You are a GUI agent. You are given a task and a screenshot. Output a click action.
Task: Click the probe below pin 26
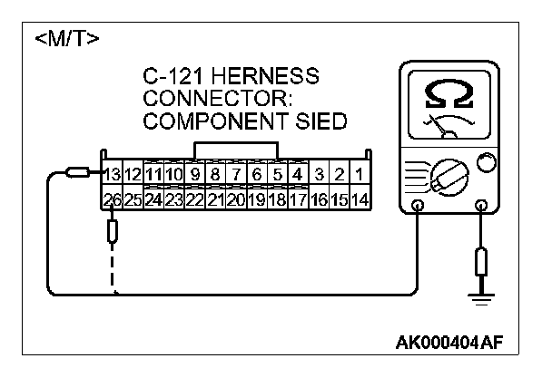pos(113,232)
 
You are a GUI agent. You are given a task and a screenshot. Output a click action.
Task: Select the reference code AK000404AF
pos(449,344)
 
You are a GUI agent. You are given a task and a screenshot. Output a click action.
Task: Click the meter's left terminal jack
pos(417,206)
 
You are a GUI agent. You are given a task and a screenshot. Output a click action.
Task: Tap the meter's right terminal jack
pos(480,206)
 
